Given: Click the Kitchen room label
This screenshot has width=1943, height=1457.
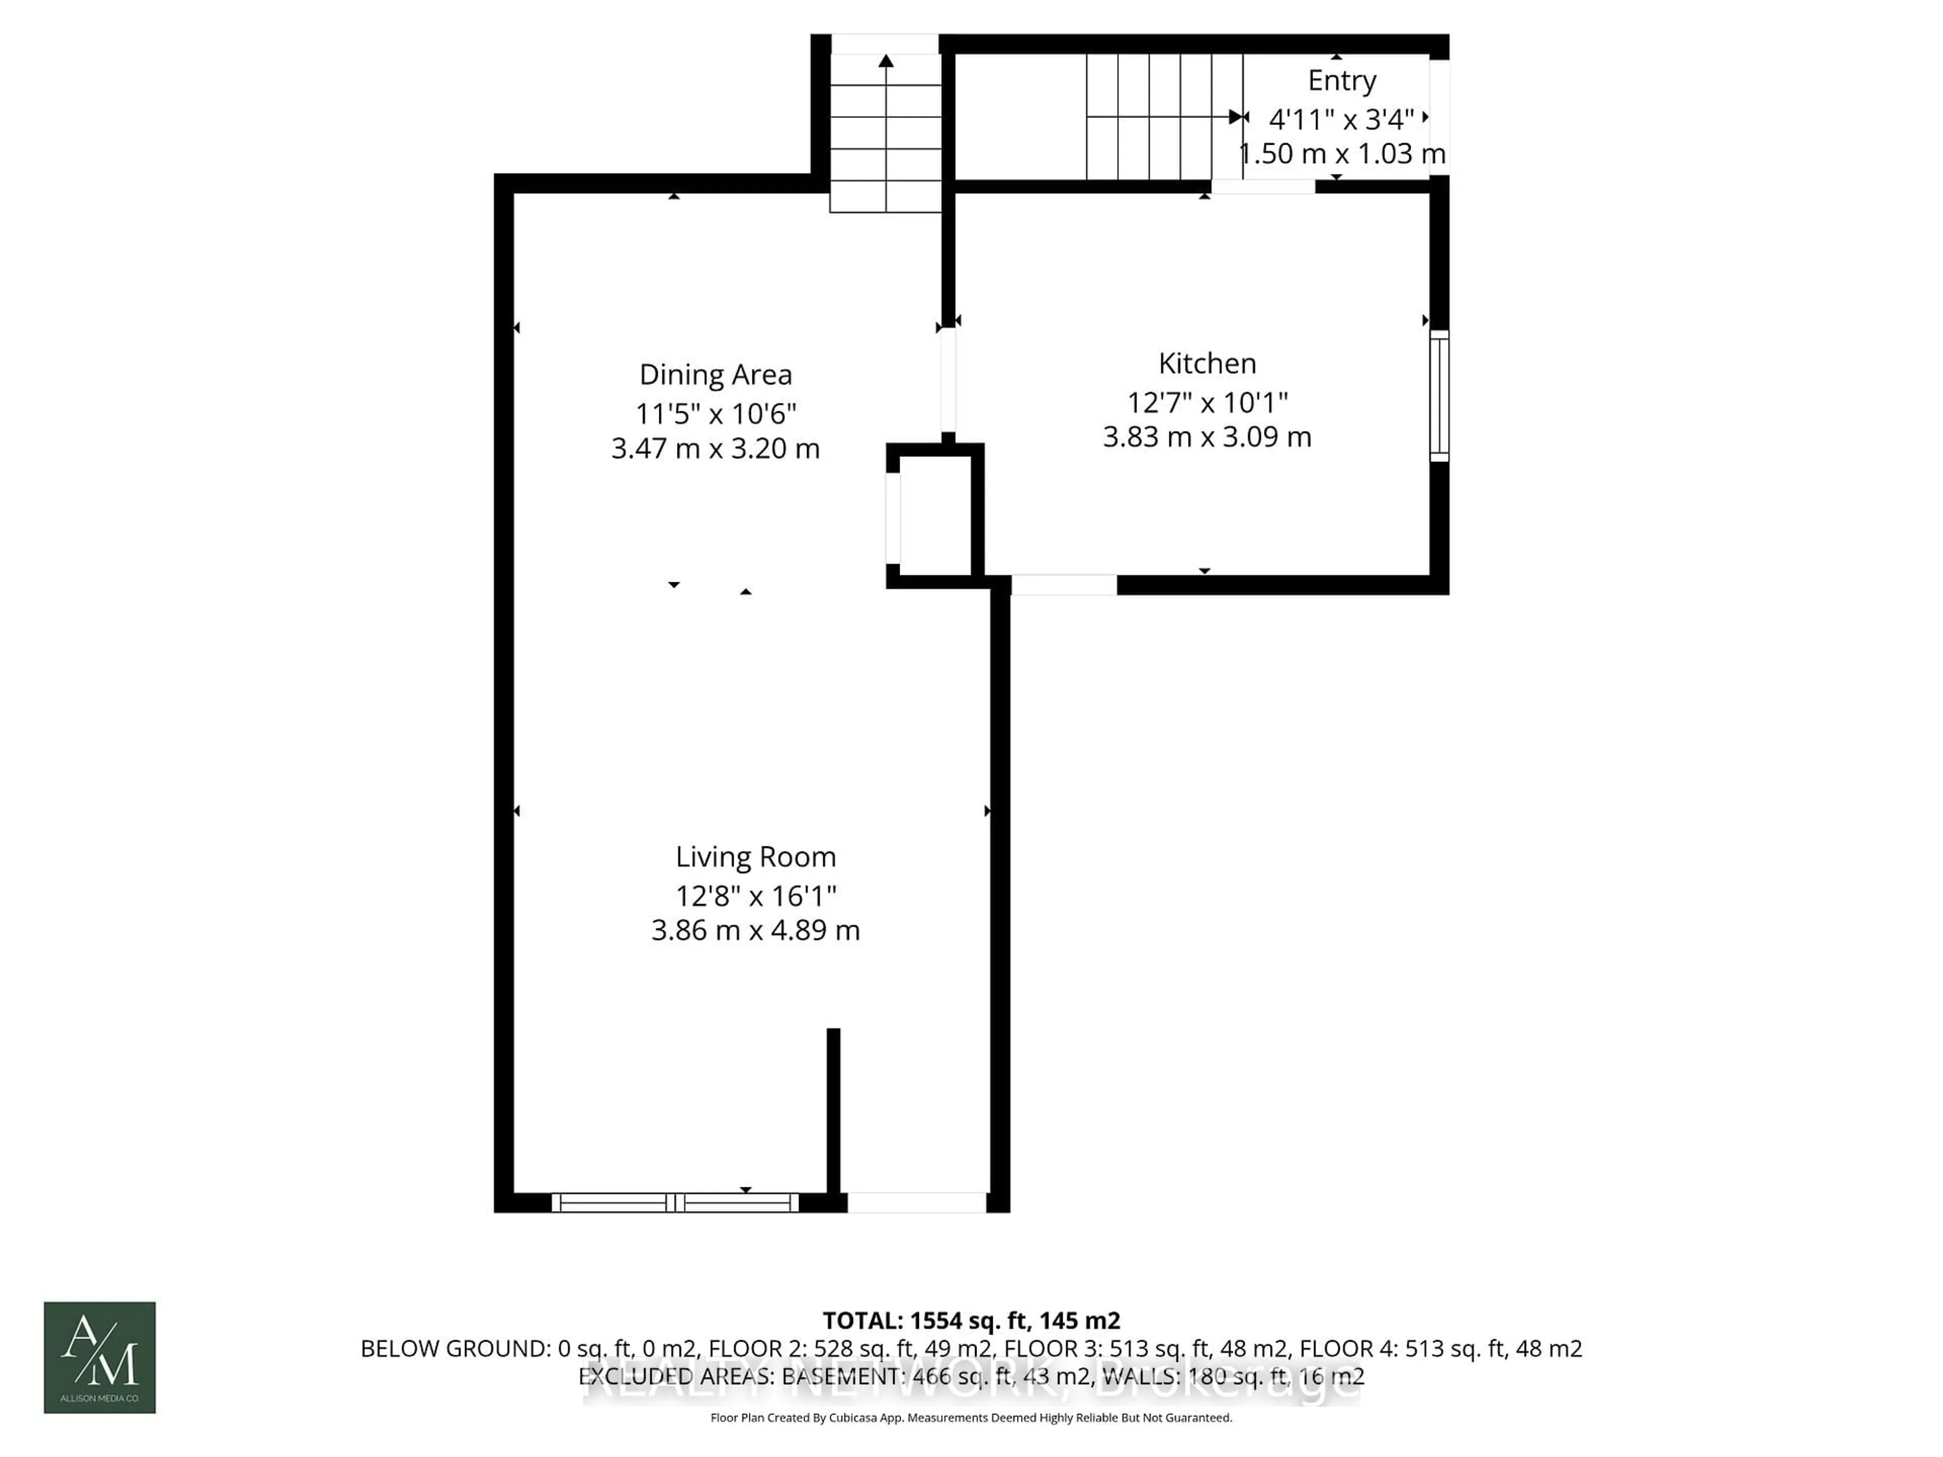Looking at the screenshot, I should tap(1207, 363).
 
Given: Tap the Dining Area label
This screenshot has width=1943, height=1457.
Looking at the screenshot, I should tap(715, 374).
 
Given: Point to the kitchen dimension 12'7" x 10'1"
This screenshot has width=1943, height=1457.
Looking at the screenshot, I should tap(1207, 402).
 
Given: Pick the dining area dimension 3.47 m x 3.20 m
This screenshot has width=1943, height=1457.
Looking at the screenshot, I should tap(715, 449).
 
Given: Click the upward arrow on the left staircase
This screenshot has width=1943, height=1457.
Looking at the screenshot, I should tap(885, 62).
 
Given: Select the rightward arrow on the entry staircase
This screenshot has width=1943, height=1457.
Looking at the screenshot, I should tap(1236, 117).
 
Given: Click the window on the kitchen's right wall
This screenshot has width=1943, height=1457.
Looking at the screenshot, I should tap(1439, 396).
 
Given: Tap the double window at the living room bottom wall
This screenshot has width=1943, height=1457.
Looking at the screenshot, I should tap(674, 1203).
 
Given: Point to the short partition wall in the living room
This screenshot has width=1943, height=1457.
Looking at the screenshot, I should tap(833, 1111).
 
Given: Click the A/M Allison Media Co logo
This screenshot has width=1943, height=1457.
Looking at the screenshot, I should tap(99, 1357).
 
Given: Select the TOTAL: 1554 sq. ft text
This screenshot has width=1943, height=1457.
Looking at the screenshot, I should tap(970, 1320).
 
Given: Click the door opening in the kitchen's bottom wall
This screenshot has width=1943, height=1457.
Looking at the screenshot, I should tap(1064, 585).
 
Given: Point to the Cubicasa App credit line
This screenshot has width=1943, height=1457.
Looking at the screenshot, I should tap(970, 1418).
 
